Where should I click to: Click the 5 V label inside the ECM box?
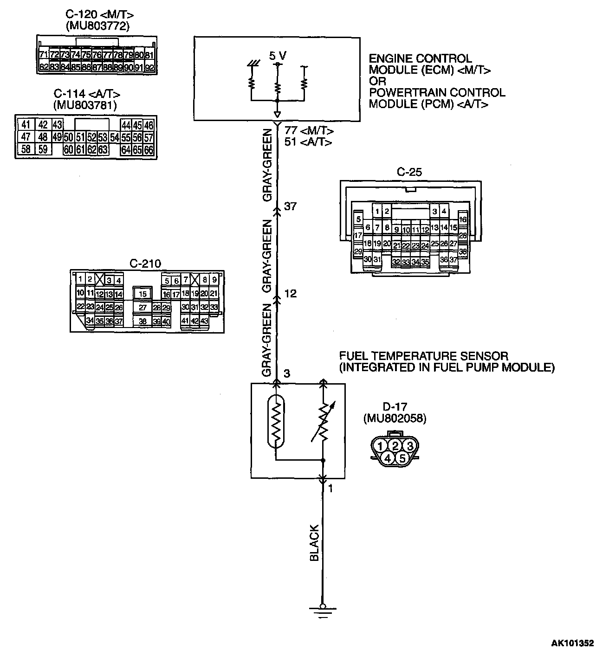(278, 56)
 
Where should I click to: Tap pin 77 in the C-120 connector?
(107, 55)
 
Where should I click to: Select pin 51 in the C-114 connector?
(80, 137)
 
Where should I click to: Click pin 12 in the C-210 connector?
(100, 294)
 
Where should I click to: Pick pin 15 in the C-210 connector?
(143, 294)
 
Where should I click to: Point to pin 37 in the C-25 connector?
(454, 260)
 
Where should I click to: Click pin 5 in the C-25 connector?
(358, 219)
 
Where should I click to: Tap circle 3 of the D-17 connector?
(409, 446)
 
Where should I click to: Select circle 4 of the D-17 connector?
(387, 458)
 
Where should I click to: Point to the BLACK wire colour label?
(315, 543)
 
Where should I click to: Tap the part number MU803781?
(85, 105)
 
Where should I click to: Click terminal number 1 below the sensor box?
(330, 489)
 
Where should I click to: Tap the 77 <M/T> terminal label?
(309, 131)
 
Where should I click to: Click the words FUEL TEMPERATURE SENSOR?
(423, 356)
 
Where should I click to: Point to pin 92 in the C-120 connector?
(149, 67)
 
